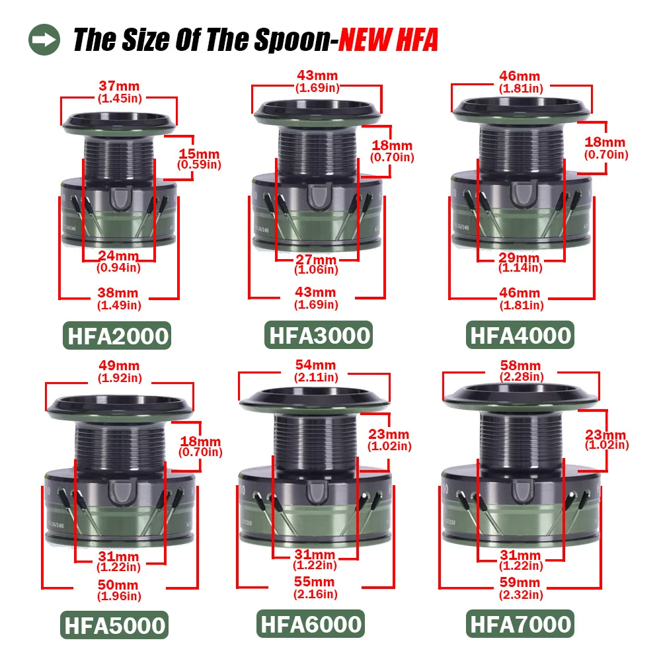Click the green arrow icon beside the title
44,40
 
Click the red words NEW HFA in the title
388,40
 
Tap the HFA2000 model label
117,336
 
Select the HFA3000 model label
319,335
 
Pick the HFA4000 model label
520,335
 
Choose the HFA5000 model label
114,625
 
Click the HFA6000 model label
311,623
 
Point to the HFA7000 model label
520,623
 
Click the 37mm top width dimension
119,86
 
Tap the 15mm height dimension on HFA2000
199,154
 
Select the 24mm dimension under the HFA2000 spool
118,255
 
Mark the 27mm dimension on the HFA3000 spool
316,259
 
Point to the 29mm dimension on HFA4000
520,258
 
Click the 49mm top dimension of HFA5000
119,366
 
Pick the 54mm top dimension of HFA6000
316,365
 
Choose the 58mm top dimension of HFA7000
521,365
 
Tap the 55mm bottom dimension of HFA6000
315,582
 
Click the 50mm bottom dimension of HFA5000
118,585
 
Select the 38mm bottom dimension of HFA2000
118,293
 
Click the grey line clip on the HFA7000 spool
523,492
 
